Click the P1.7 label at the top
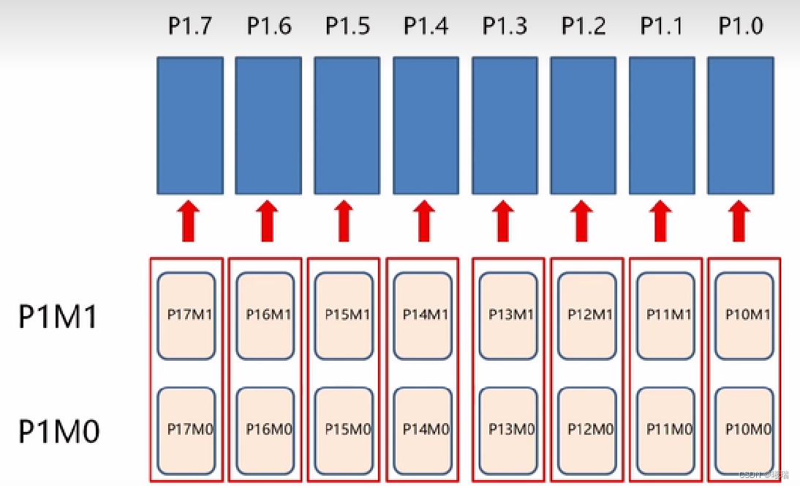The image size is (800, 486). tap(190, 26)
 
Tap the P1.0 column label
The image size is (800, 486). tap(740, 26)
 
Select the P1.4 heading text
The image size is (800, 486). tap(426, 26)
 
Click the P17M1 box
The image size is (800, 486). tap(187, 315)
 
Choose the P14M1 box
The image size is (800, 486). tap(423, 315)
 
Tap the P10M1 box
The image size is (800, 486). tap(745, 315)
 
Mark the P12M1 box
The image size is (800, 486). tap(587, 315)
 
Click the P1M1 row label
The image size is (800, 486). tap(57, 317)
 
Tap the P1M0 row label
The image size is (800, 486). tap(59, 431)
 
